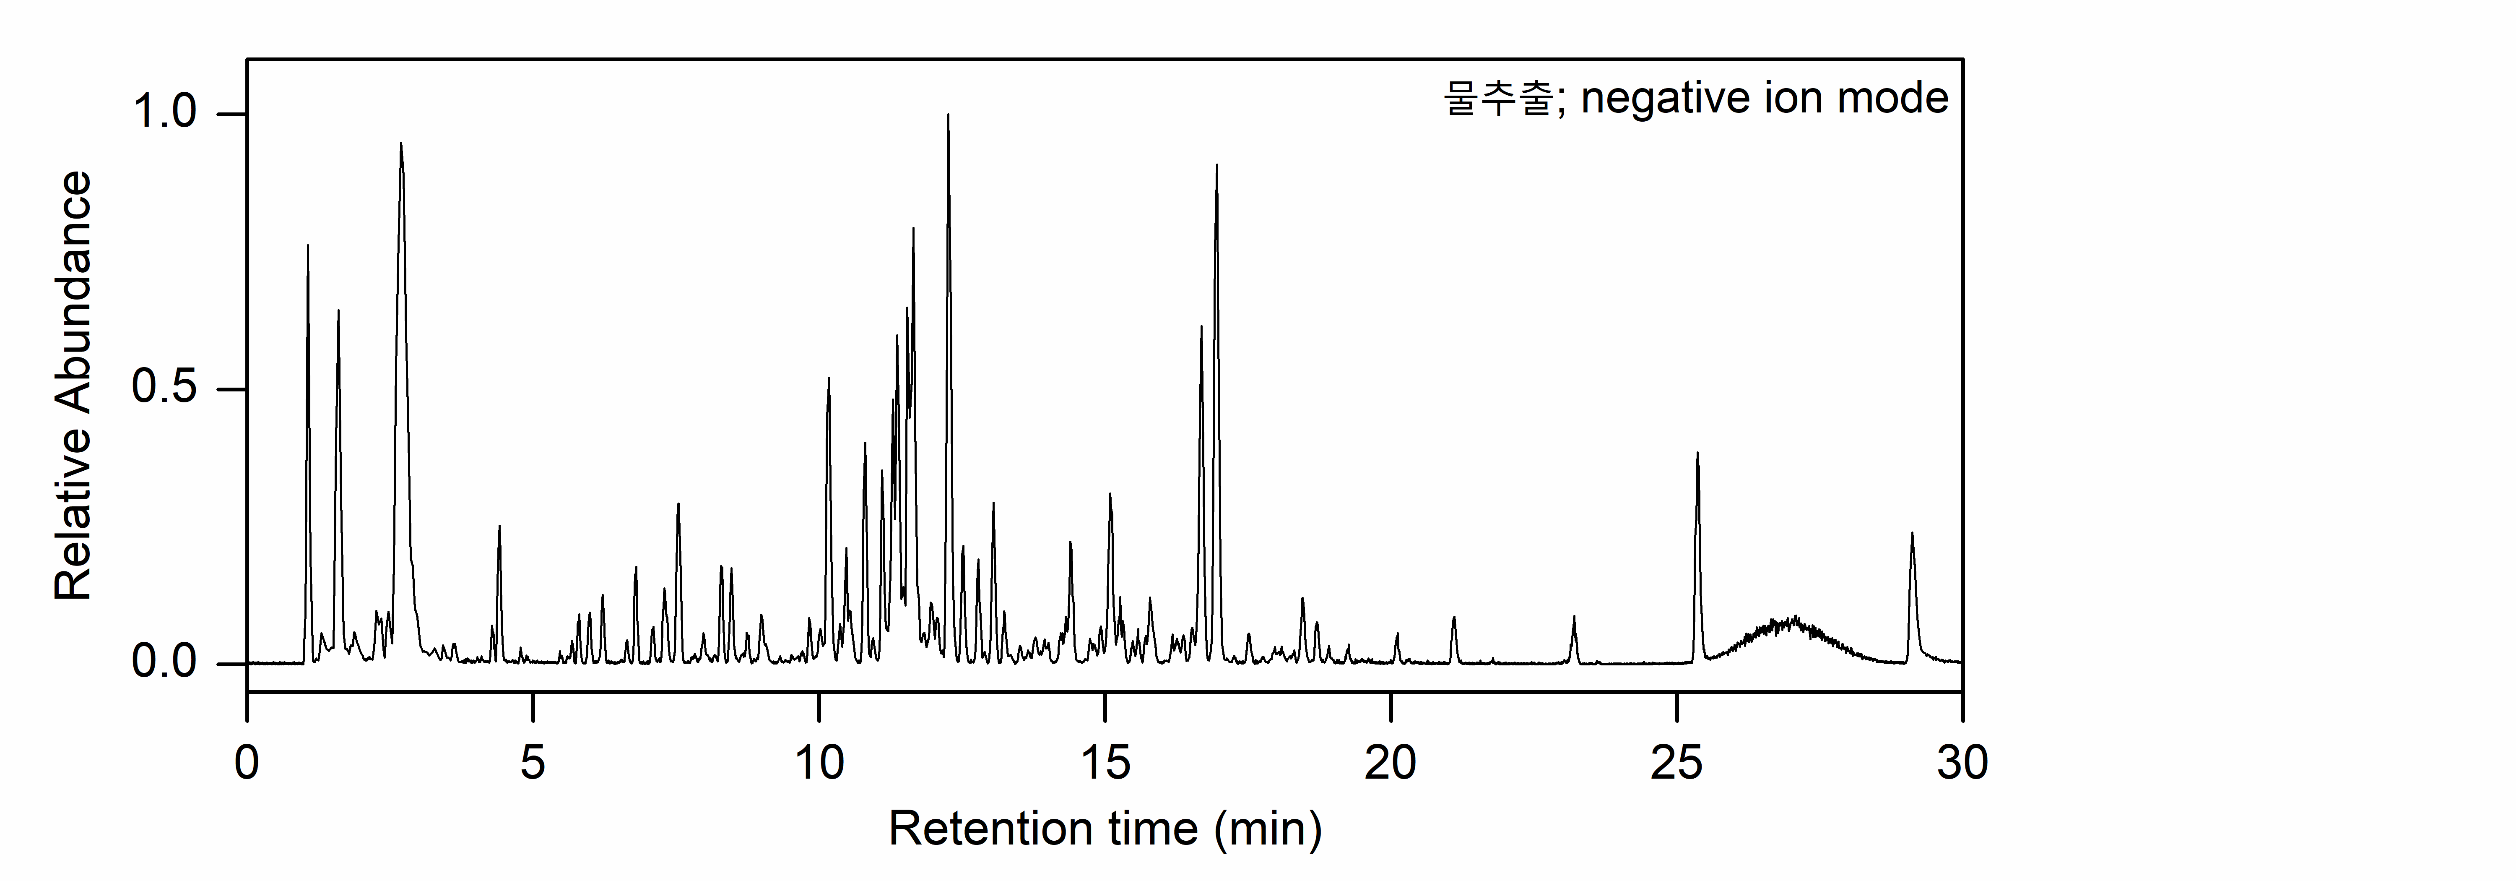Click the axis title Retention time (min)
[x=1105, y=829]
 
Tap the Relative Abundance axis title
[x=73, y=387]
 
